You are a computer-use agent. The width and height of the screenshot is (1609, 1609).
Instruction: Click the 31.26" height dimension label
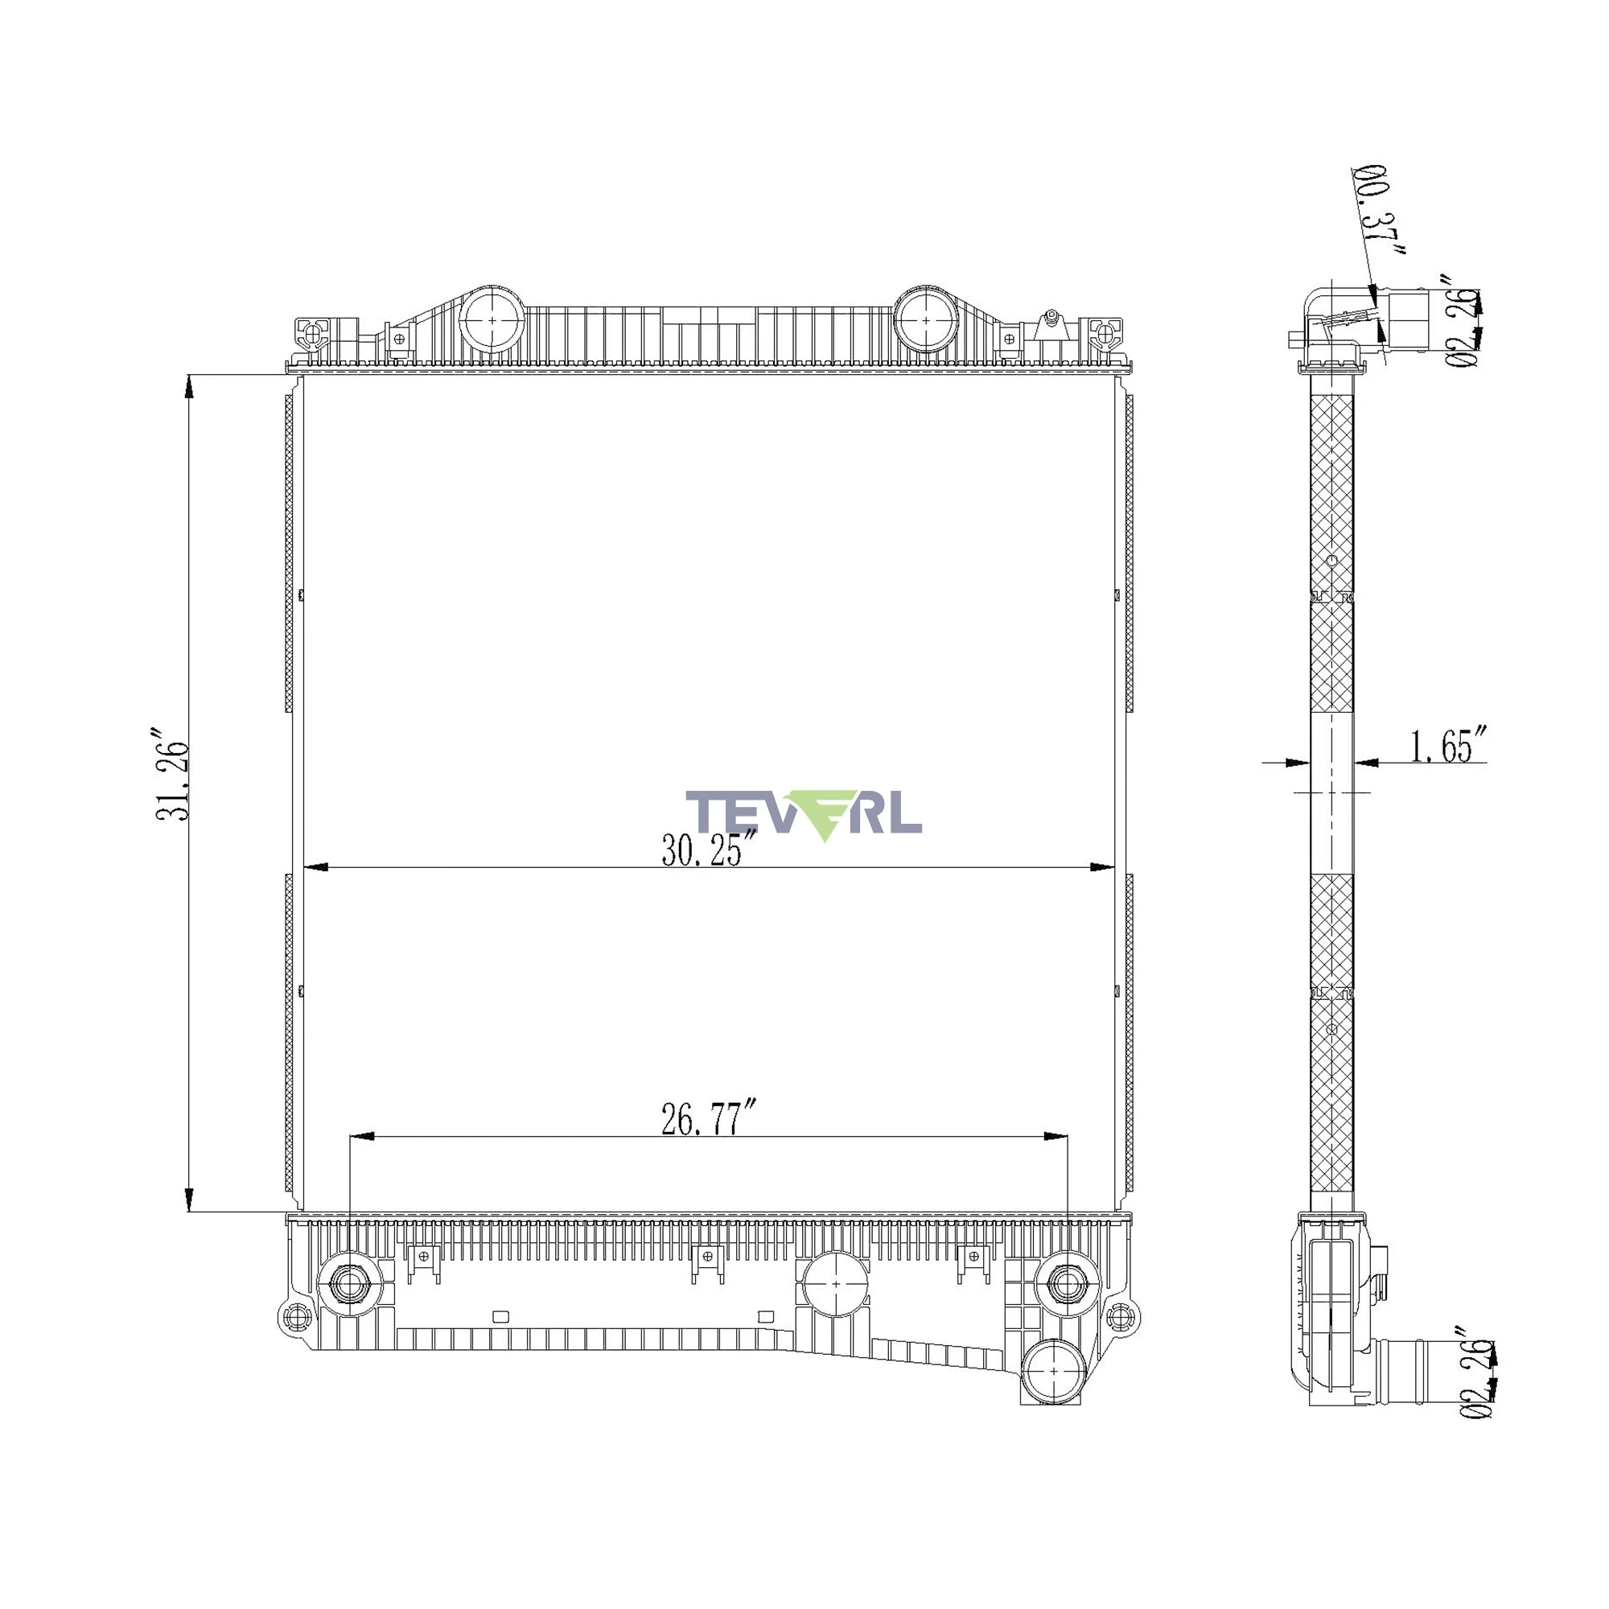tap(173, 775)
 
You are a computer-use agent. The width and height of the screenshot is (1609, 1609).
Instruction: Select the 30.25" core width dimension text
tap(709, 850)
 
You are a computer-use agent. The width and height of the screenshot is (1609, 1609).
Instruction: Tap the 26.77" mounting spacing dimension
tap(709, 1118)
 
